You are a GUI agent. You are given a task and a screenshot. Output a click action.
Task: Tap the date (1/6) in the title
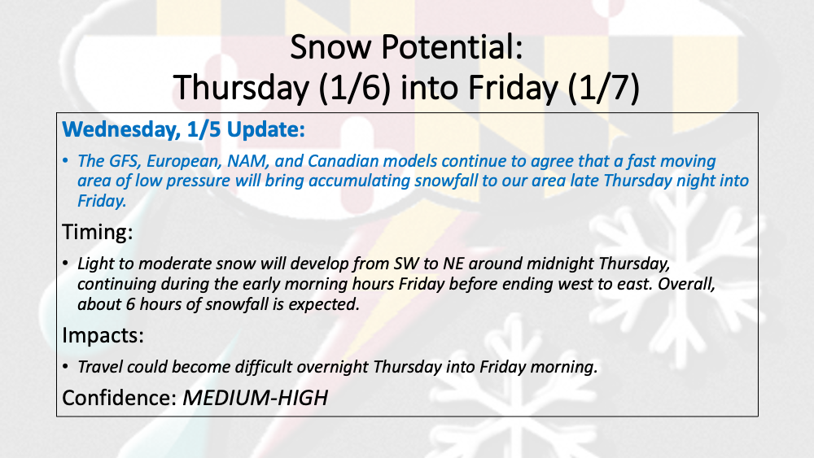pyautogui.click(x=355, y=88)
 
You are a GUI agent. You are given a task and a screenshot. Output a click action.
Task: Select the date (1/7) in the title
pyautogui.click(x=603, y=88)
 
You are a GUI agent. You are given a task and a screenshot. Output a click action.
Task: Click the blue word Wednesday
pyautogui.click(x=121, y=130)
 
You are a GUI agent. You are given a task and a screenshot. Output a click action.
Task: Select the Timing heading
pyautogui.click(x=98, y=233)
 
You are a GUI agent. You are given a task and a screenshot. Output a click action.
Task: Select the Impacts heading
pyautogui.click(x=103, y=336)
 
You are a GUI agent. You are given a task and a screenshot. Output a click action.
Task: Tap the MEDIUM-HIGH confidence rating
pyautogui.click(x=256, y=399)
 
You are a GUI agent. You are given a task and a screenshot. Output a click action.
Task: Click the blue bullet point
pyautogui.click(x=65, y=161)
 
